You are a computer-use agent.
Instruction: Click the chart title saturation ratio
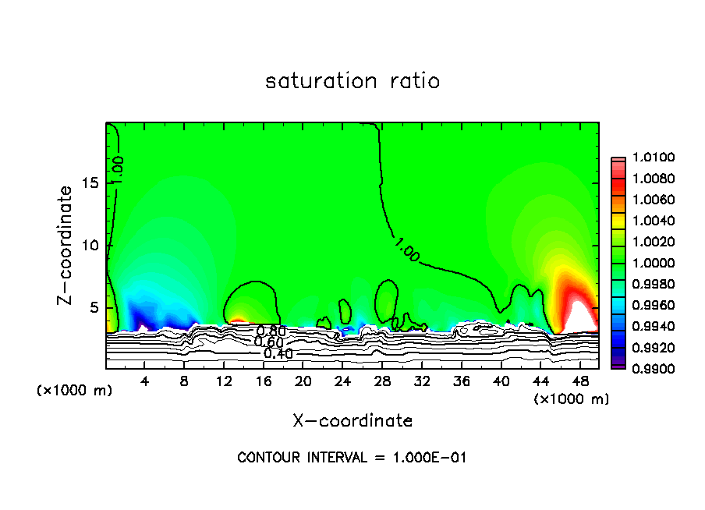352,81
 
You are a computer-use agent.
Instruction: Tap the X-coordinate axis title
352,421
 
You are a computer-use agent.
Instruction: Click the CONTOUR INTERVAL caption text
352,458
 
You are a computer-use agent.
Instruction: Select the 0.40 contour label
278,354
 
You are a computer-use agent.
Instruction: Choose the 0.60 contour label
268,342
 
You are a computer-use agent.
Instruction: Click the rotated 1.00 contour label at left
118,170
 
